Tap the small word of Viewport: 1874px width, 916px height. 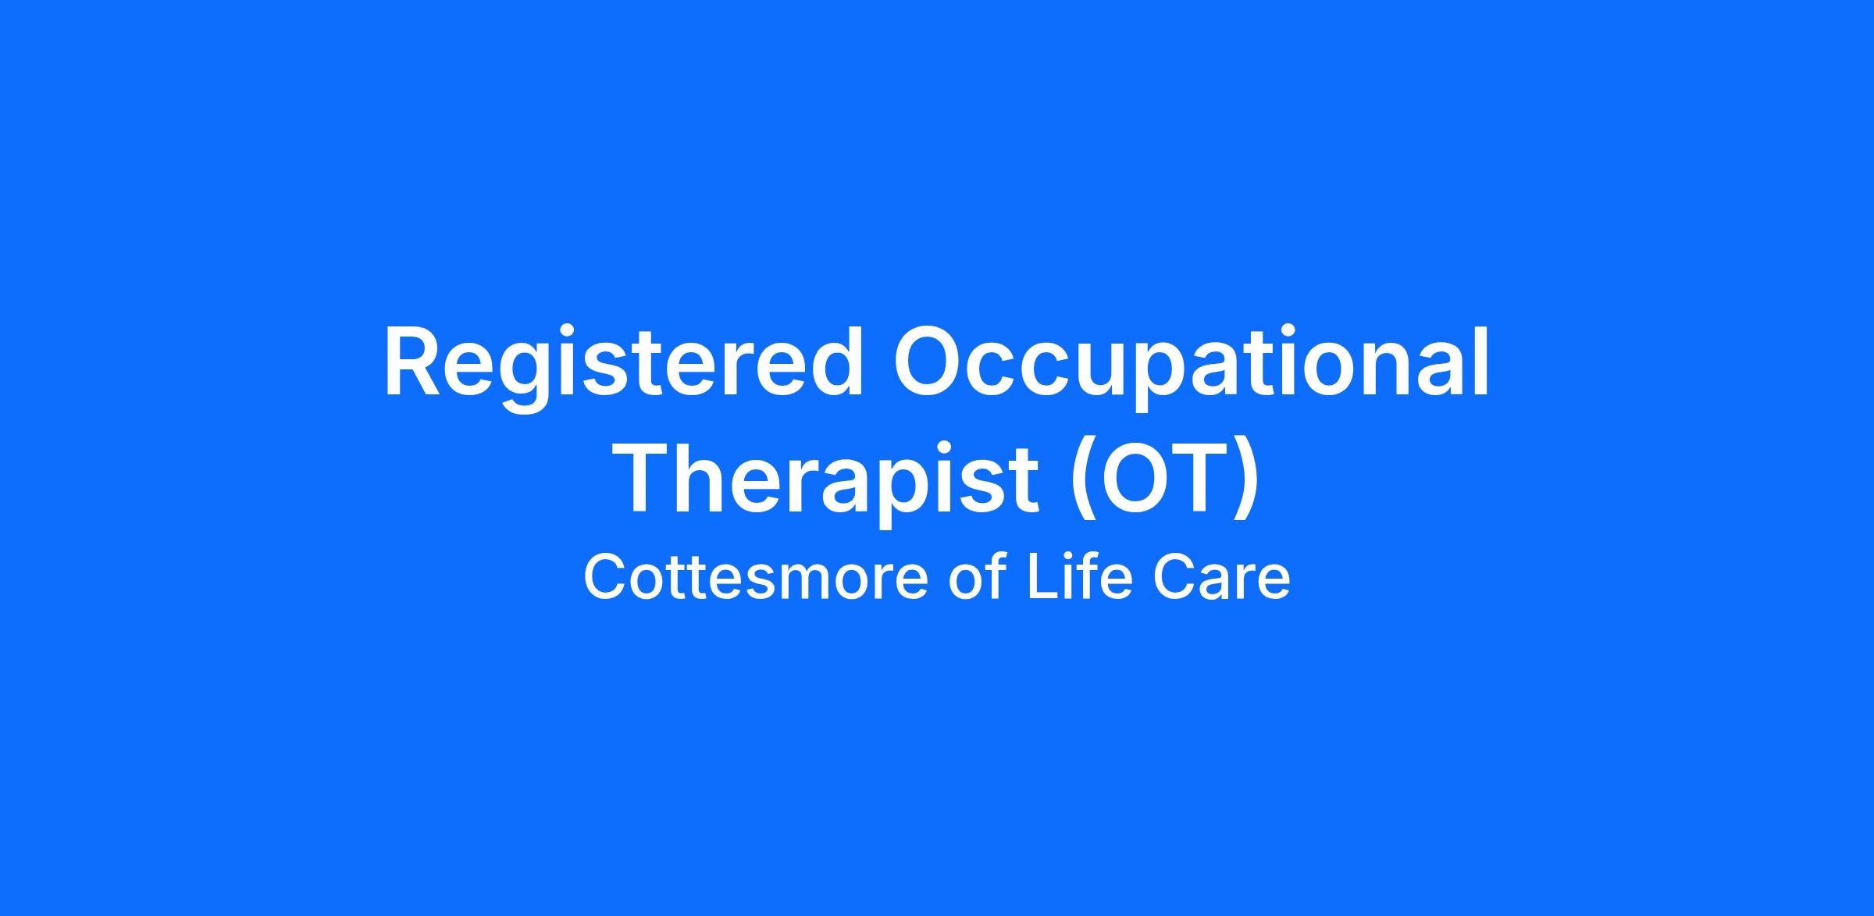click(978, 577)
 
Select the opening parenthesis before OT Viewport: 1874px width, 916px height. click(1081, 480)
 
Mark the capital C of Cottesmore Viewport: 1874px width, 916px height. click(606, 578)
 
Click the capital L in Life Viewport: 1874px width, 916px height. click(1043, 577)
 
